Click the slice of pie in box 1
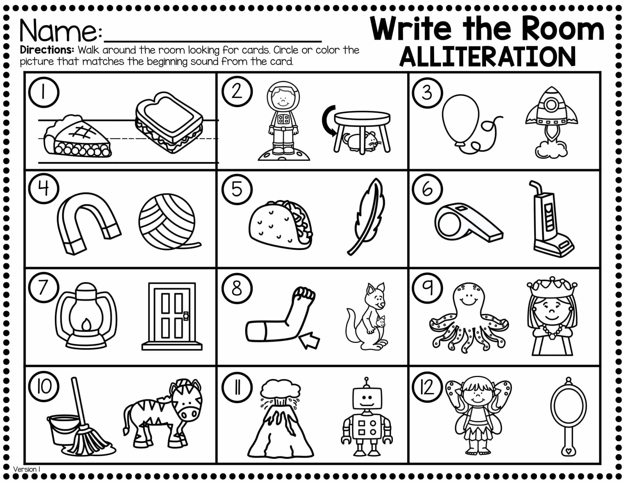(x=77, y=137)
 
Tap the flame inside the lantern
(x=86, y=325)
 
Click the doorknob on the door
(x=186, y=316)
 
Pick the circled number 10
(x=44, y=387)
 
